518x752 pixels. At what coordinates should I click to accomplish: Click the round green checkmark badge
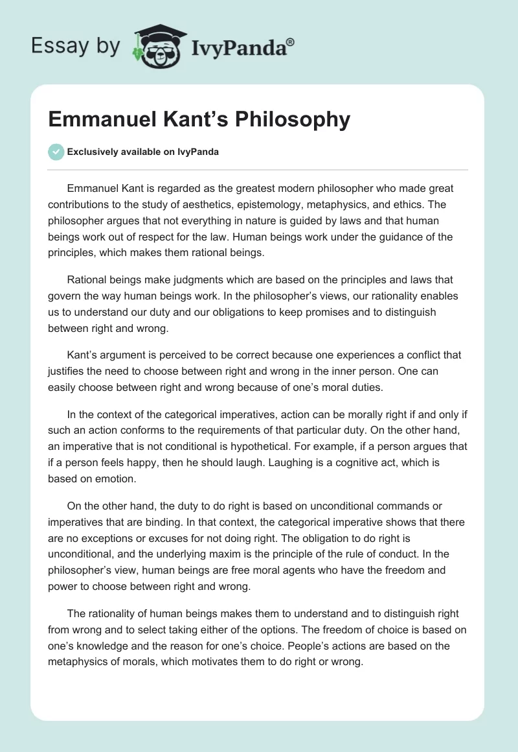(x=56, y=152)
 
